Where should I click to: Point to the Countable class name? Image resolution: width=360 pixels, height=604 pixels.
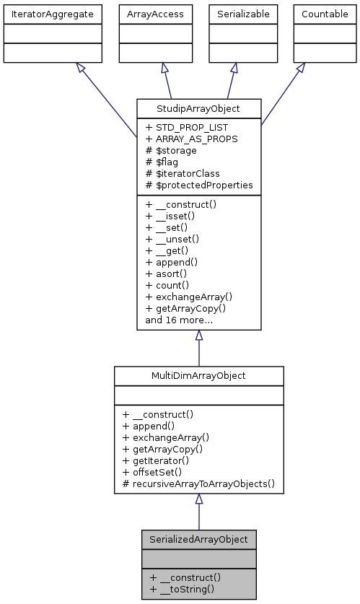324,14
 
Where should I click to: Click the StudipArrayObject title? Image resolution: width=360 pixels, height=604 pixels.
198,110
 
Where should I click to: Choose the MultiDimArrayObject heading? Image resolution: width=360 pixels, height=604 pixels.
198,376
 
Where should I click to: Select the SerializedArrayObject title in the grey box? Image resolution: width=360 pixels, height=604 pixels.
198,539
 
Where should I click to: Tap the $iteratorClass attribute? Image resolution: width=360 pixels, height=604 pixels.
183,174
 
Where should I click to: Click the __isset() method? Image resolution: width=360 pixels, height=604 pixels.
176,216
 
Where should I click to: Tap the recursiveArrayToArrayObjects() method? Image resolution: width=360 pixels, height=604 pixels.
199,483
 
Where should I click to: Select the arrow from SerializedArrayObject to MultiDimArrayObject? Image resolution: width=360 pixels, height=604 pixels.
198,512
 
